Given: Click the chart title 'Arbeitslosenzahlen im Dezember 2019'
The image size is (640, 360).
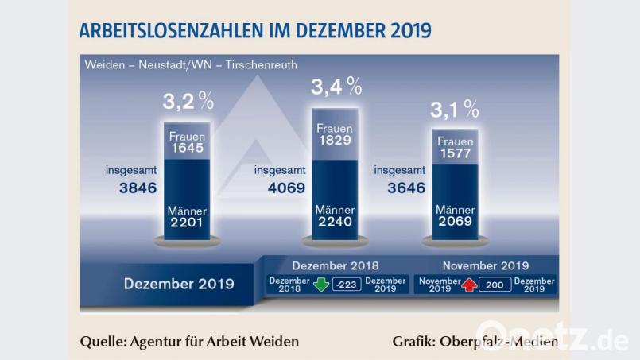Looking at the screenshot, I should pos(254,31).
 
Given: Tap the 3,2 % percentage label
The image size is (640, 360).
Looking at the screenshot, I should pos(188,101).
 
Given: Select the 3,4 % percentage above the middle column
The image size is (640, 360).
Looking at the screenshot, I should pos(336,86).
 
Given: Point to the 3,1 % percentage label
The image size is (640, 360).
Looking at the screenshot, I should pos(455,109).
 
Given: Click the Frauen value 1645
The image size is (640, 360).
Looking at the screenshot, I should pos(188,149).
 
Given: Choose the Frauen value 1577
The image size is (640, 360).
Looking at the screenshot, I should pos(455,153).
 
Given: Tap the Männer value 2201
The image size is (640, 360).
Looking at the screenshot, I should pos(188,223).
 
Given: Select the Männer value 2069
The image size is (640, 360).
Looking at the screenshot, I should pos(455,222).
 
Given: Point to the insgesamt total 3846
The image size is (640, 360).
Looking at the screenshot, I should pos(131,188).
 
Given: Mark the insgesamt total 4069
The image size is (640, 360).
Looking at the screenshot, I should pos(279,188).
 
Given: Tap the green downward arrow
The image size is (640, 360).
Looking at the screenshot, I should pos(320,285).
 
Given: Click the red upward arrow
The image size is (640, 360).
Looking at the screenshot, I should pos(469,285).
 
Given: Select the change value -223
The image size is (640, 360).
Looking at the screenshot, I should pos(347,285).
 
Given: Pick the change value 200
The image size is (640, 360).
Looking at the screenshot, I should pos(495,285).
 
